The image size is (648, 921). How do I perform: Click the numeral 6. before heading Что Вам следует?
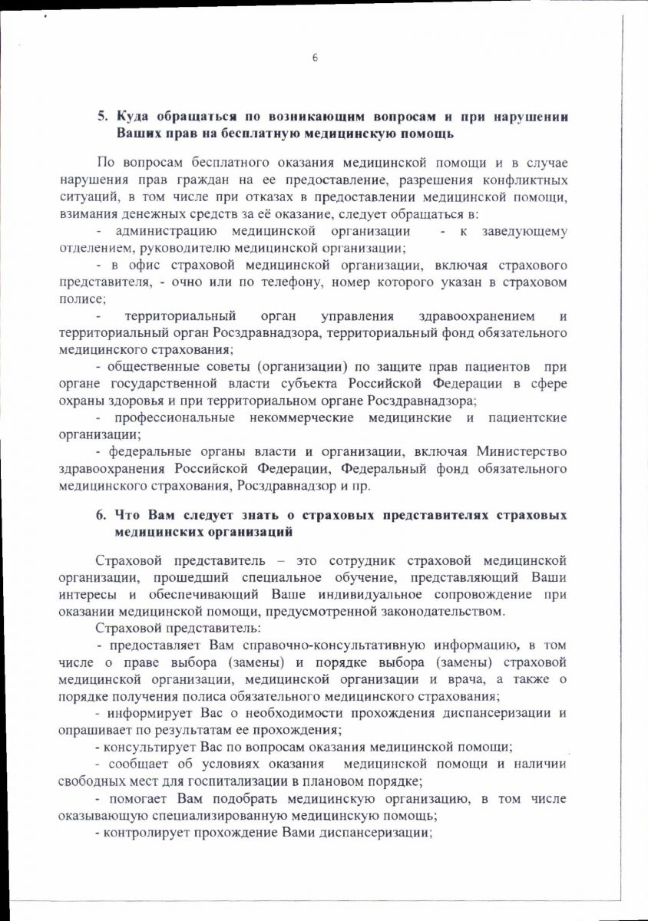click(x=101, y=513)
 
